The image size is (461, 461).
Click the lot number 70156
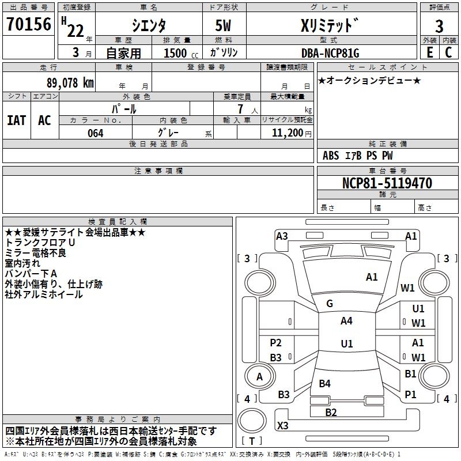(x=29, y=24)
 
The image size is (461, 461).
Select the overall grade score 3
(x=439, y=26)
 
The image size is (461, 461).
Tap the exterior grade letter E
(x=430, y=52)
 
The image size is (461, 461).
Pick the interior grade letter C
(x=448, y=52)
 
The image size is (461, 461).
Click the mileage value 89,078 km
(x=70, y=82)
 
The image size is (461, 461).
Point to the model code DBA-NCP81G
(x=330, y=53)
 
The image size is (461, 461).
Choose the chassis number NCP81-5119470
(x=387, y=183)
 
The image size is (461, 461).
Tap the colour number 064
(x=96, y=133)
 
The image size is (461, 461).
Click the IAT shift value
(x=17, y=120)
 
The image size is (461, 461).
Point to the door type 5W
(x=223, y=25)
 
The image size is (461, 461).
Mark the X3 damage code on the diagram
(x=282, y=425)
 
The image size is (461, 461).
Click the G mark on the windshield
(x=330, y=304)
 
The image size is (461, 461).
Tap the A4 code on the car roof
(x=346, y=321)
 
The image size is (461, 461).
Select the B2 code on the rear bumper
(x=331, y=413)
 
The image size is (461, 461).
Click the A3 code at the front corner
(x=282, y=236)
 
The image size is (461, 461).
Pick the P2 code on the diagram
(x=275, y=343)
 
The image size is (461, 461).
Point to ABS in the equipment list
(x=331, y=156)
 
